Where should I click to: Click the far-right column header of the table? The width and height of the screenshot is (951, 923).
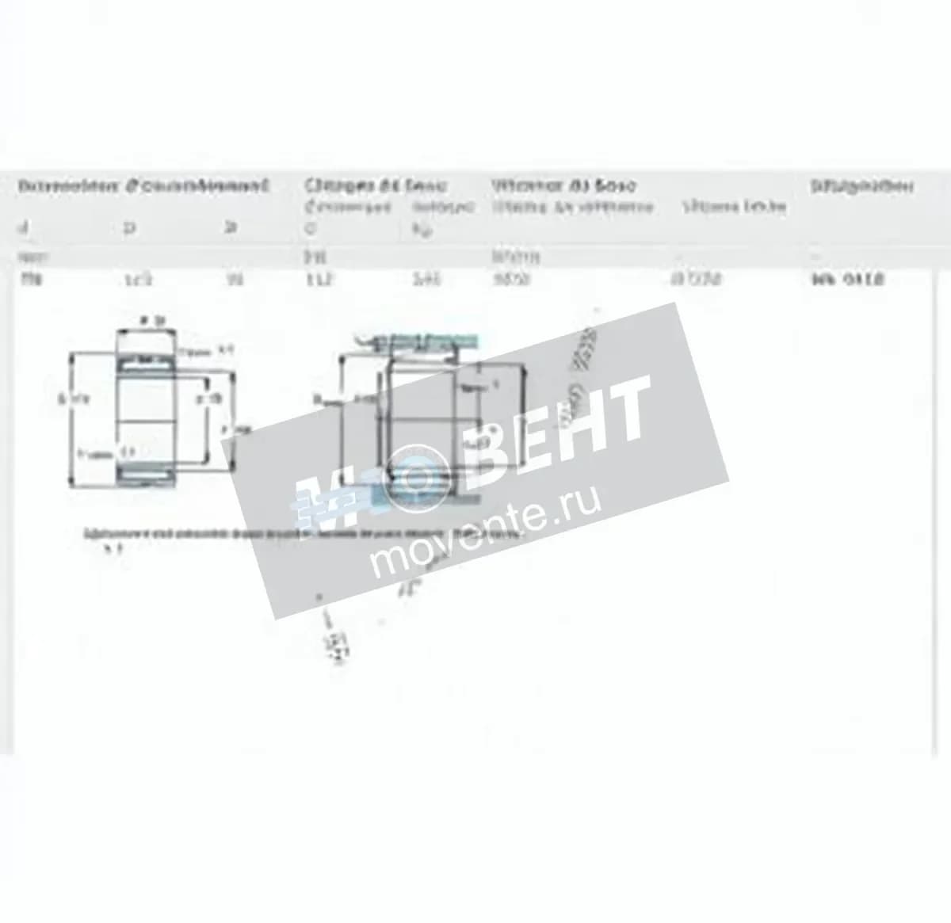(x=861, y=187)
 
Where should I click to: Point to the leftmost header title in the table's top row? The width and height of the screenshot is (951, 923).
(x=143, y=187)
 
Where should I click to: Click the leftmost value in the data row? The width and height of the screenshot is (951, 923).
(x=27, y=279)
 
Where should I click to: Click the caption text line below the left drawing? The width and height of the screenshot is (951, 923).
(x=301, y=534)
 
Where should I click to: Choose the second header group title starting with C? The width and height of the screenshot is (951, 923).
(x=376, y=187)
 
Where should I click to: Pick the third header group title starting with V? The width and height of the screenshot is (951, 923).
(x=563, y=187)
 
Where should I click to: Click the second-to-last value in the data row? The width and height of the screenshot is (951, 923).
(x=696, y=280)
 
